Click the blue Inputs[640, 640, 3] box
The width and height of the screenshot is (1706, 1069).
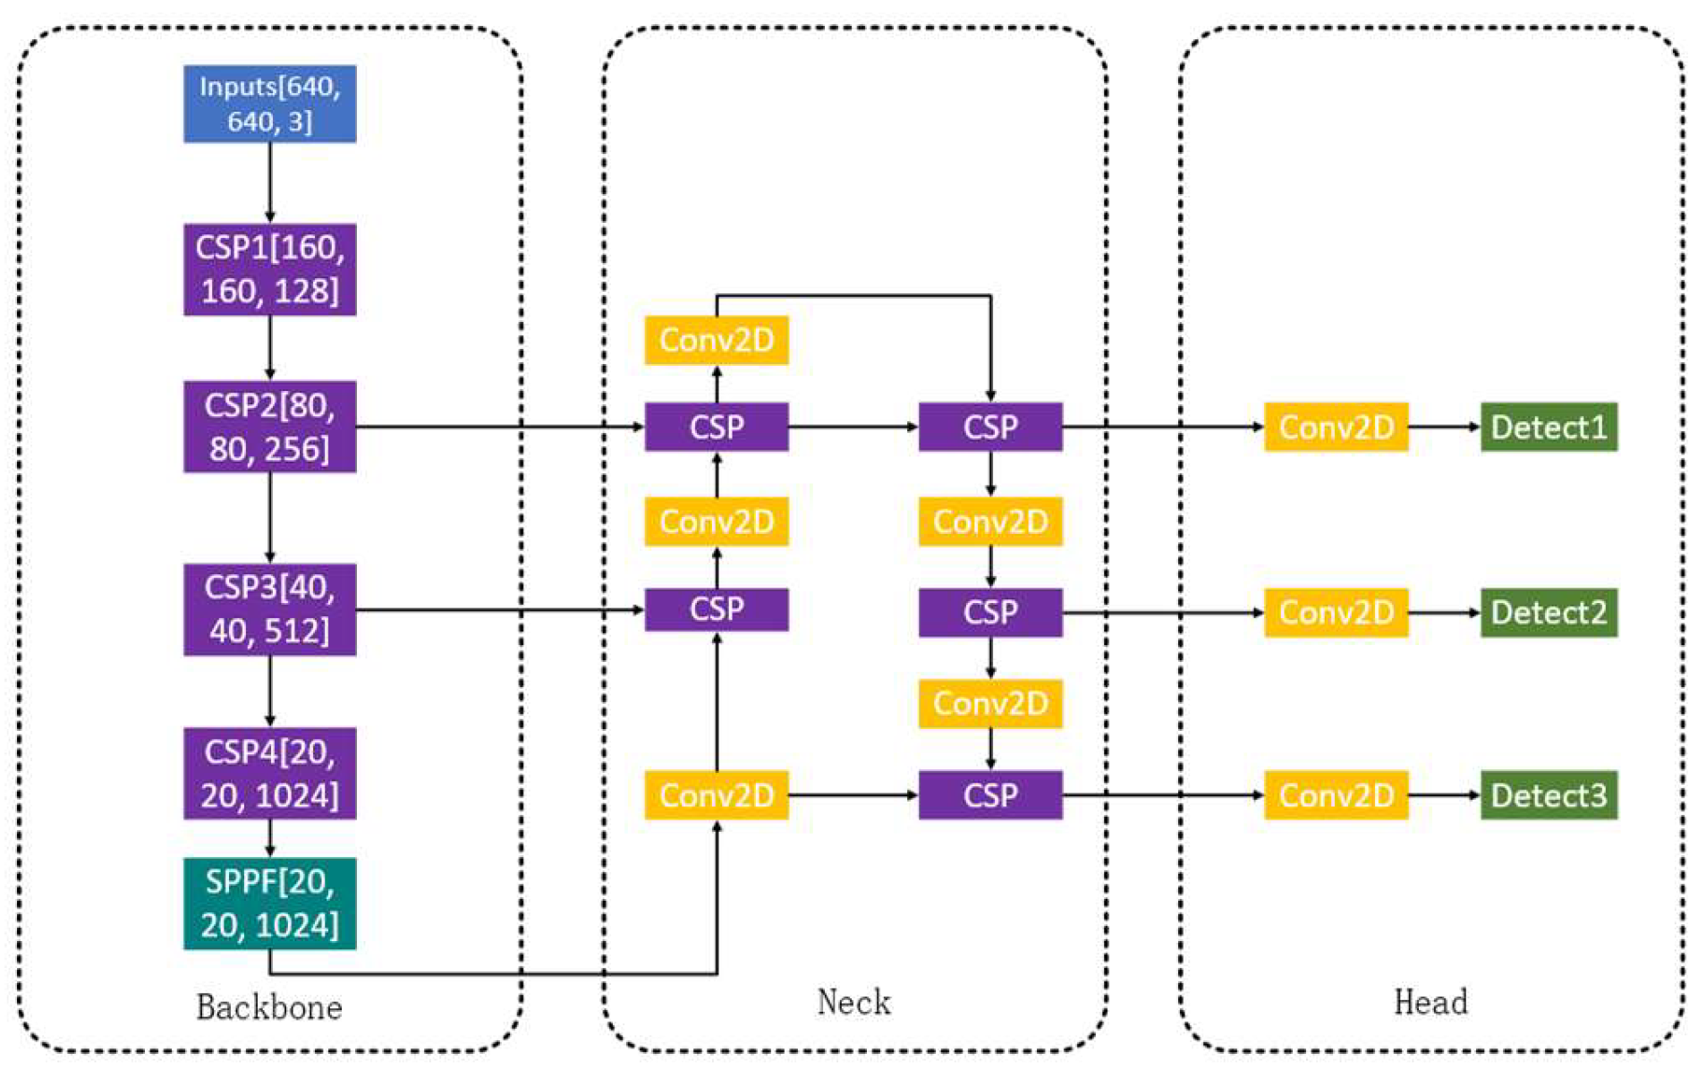269,104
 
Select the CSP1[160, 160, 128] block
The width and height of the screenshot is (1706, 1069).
269,269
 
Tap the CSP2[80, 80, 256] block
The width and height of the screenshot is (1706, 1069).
269,427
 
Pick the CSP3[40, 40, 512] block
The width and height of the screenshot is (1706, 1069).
269,609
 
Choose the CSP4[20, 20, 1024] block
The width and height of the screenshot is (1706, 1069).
269,773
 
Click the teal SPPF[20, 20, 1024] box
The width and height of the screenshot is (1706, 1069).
269,904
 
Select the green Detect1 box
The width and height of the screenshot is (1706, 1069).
1548,427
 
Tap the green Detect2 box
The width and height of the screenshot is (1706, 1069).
1548,613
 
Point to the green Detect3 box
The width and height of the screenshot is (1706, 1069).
1548,794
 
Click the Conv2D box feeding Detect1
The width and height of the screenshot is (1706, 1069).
1335,427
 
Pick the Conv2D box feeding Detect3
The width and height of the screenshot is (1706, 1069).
1335,794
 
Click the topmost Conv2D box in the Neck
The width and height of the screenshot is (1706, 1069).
716,340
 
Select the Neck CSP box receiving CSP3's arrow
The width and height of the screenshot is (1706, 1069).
716,609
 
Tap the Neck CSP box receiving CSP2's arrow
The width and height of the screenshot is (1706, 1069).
716,427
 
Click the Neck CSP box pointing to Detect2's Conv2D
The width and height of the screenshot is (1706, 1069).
989,613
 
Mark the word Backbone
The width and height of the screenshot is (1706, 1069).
268,1007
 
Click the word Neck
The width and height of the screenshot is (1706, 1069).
853,1002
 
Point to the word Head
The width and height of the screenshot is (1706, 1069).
1430,1002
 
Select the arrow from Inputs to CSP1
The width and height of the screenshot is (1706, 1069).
269,182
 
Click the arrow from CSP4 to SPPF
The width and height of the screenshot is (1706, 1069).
269,838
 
